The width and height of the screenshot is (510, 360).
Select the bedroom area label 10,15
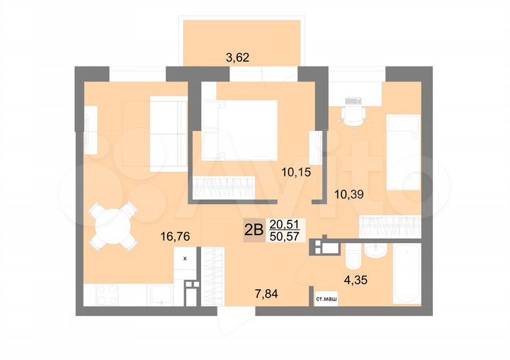click(x=296, y=171)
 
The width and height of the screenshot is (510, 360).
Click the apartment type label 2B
click(x=253, y=229)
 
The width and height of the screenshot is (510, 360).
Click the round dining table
click(x=114, y=225)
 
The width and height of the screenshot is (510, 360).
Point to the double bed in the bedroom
click(x=239, y=129)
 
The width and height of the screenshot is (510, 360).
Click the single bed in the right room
click(x=404, y=156)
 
